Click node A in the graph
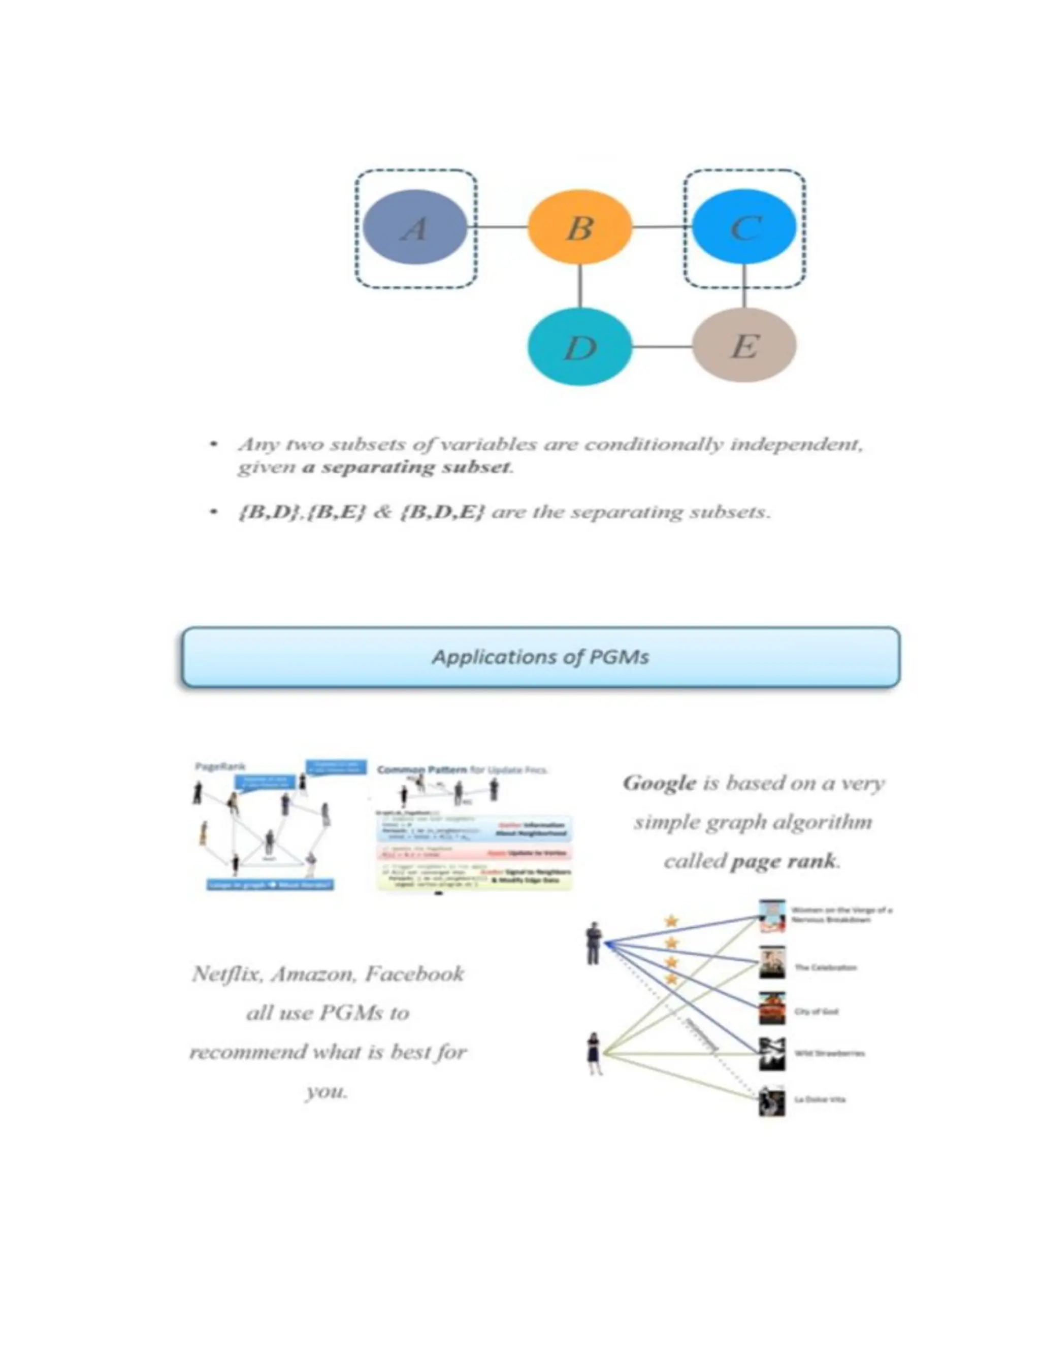pyautogui.click(x=415, y=227)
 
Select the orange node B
pyautogui.click(x=580, y=227)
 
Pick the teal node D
pyautogui.click(x=580, y=347)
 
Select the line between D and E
pyautogui.click(x=662, y=347)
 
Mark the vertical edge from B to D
pyautogui.click(x=580, y=286)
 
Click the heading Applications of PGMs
pyautogui.click(x=540, y=657)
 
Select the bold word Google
pyautogui.click(x=659, y=783)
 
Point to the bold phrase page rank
pyautogui.click(x=783, y=861)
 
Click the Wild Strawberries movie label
pyautogui.click(x=829, y=1053)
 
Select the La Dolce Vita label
pyautogui.click(x=820, y=1099)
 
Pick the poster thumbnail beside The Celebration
pyautogui.click(x=772, y=963)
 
